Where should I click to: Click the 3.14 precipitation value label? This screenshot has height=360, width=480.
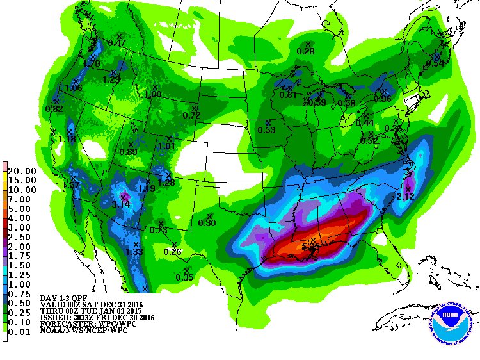(121, 204)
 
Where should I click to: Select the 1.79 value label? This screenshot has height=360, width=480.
(92, 63)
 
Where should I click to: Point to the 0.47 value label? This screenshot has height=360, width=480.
(116, 43)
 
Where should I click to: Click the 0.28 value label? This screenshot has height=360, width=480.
(306, 51)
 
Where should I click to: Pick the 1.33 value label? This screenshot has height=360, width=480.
(134, 252)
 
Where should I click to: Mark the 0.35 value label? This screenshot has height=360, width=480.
(184, 277)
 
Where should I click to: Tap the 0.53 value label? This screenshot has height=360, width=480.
(266, 130)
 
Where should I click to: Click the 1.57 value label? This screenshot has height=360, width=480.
(72, 185)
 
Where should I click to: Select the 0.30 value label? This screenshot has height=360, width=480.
(207, 222)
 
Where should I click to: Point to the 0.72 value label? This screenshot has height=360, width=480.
(191, 115)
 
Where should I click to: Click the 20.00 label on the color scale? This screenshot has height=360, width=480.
(23, 171)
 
